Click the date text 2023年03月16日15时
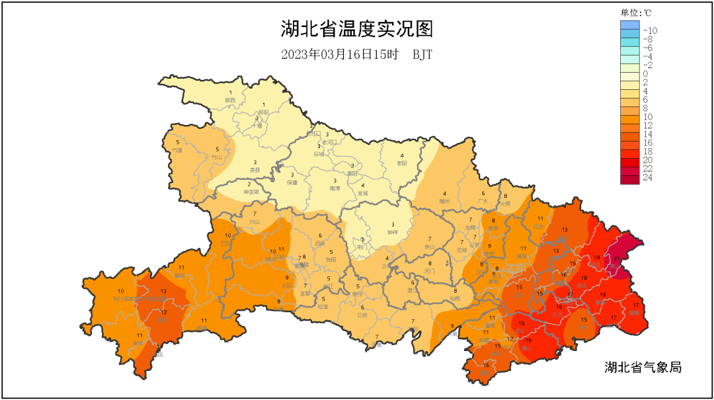pyautogui.click(x=340, y=55)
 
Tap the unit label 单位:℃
pyautogui.click(x=636, y=13)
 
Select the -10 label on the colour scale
pyautogui.click(x=650, y=30)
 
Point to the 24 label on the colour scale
pyautogui.click(x=648, y=177)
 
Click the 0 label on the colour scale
pyautogui.click(x=645, y=74)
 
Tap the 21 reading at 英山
pyautogui.click(x=615, y=259)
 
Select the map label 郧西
pyautogui.click(x=230, y=100)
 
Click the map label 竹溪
pyautogui.click(x=177, y=150)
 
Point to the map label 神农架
pyautogui.click(x=249, y=192)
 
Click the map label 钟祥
pyautogui.click(x=393, y=232)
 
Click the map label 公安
pyautogui.click(x=362, y=315)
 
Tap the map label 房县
pyautogui.click(x=255, y=170)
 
